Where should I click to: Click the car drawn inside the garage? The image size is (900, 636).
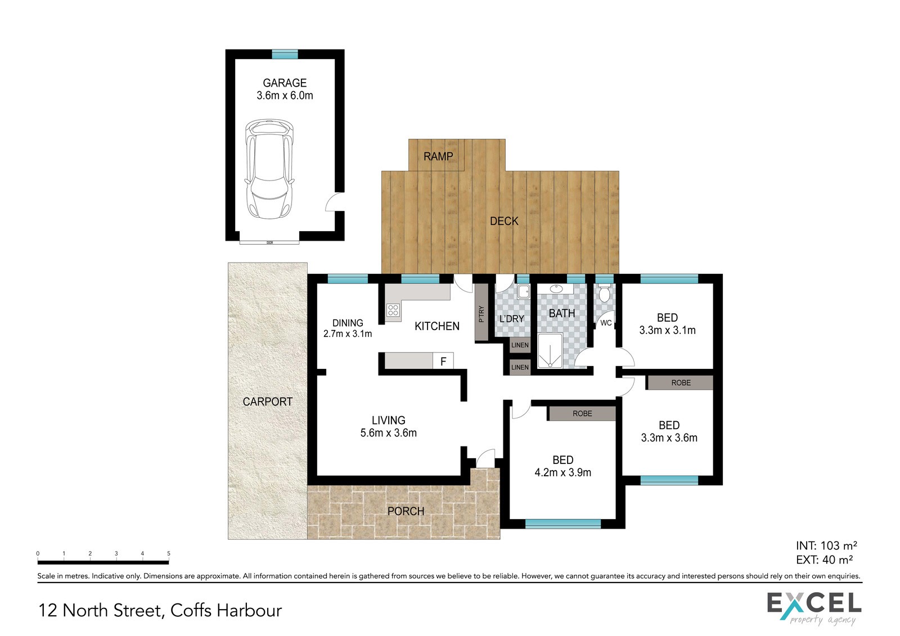click(269, 169)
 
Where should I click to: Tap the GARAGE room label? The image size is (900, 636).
click(285, 83)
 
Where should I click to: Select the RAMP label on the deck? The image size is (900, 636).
click(438, 156)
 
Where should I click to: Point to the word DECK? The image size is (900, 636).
click(504, 221)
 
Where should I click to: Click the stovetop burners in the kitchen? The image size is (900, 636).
click(393, 310)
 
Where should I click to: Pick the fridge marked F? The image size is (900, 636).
click(443, 361)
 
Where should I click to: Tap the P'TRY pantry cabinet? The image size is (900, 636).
click(481, 313)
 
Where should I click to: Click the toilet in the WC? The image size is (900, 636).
click(604, 294)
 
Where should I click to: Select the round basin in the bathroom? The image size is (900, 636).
click(556, 288)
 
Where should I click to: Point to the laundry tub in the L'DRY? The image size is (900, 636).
click(523, 291)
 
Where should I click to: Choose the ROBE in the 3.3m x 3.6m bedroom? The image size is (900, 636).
click(681, 383)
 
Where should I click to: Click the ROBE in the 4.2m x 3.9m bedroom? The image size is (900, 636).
click(582, 413)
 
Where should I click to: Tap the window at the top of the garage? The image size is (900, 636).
click(285, 54)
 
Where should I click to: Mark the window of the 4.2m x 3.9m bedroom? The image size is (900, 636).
click(563, 524)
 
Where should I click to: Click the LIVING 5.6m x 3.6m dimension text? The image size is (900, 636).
click(388, 433)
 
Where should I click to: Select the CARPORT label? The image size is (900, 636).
click(267, 402)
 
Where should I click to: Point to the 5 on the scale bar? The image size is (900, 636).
click(169, 553)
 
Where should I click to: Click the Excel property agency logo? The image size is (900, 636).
click(814, 608)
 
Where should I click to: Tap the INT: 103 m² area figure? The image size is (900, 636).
click(826, 545)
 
